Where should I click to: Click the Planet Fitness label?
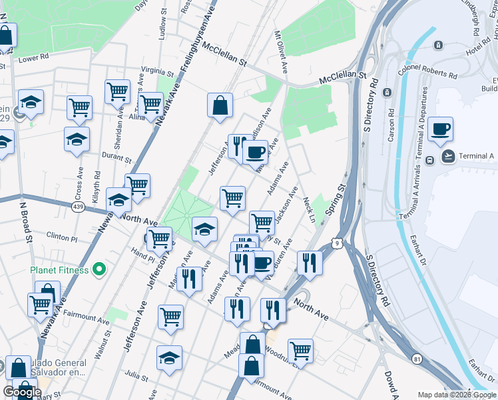point(59,270)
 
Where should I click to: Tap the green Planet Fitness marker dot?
point(99,269)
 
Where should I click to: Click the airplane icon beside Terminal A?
point(449,156)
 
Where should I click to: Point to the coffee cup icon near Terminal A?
point(440,129)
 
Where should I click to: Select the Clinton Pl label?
point(62,236)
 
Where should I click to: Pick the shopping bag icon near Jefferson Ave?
point(220,105)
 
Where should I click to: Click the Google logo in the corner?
point(22,392)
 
